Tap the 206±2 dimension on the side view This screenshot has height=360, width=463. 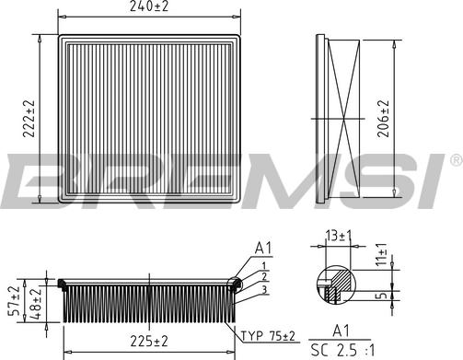(x=383, y=118)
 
